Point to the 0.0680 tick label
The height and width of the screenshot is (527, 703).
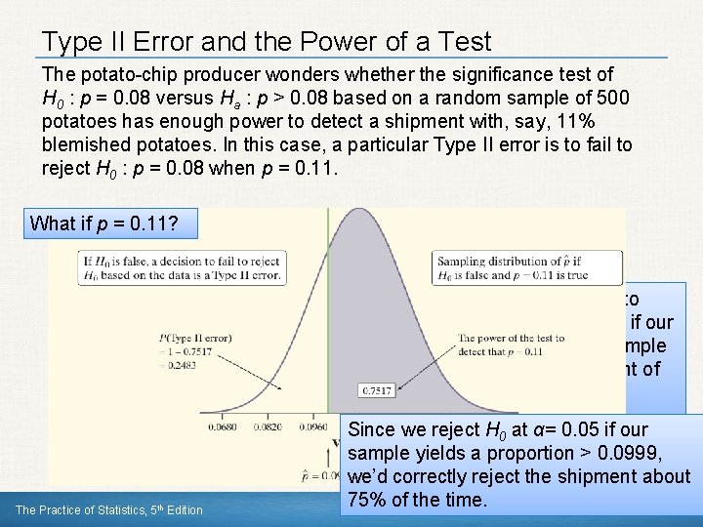tap(225, 426)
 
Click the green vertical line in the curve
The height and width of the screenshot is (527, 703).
tap(327, 322)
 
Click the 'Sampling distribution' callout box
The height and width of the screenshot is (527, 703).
tap(527, 267)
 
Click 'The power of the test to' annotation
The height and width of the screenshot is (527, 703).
tap(511, 338)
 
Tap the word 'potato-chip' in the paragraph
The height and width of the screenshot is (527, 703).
tap(125, 74)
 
